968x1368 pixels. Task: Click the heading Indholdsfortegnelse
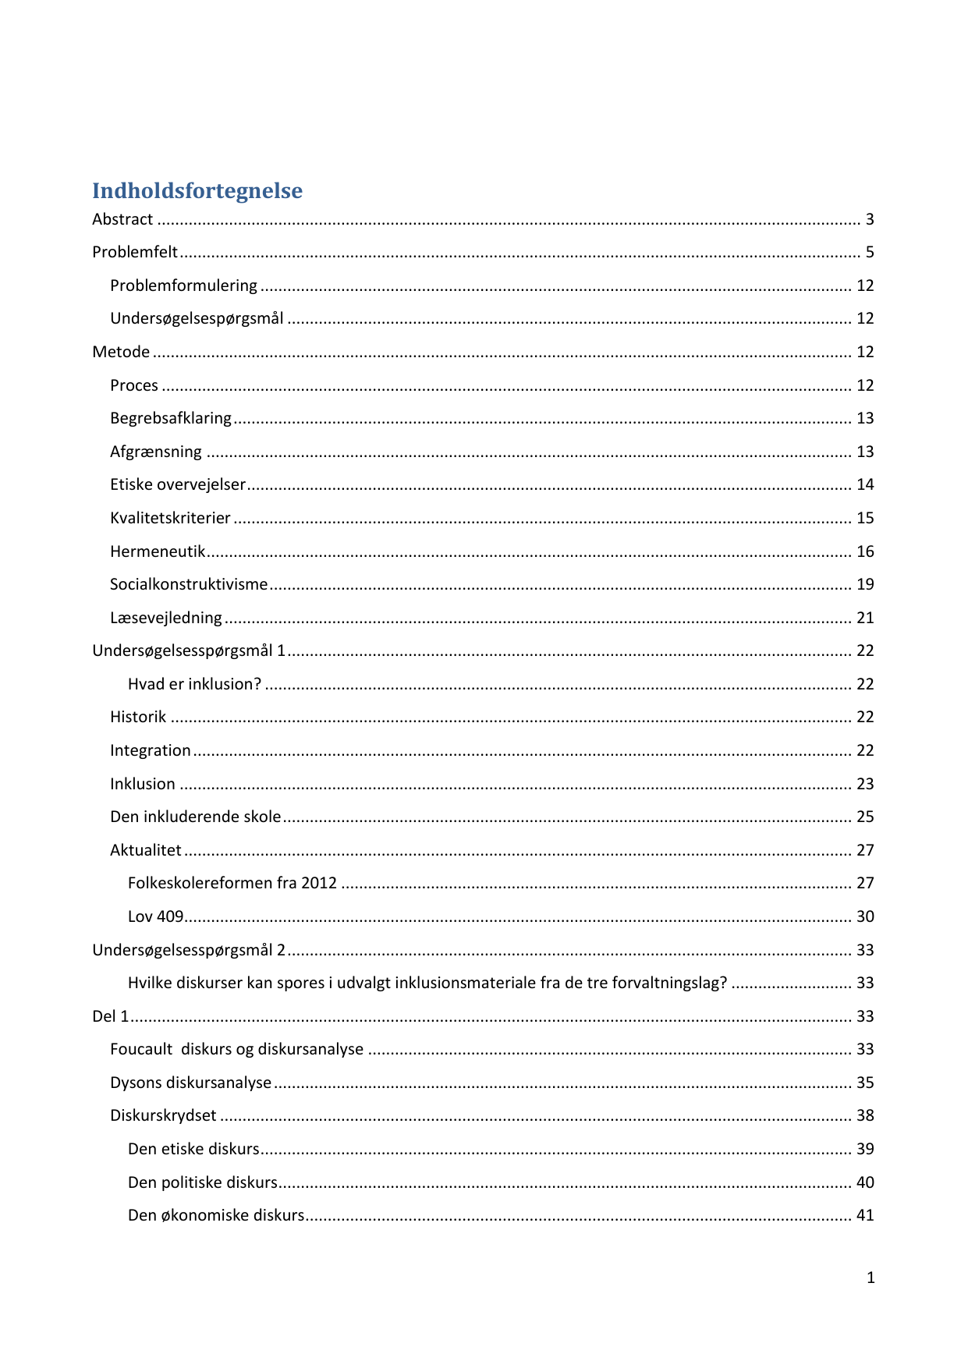pyautogui.click(x=197, y=190)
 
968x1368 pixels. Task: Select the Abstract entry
pyautogui.click(x=122, y=220)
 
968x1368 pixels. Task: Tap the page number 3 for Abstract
pyautogui.click(x=869, y=220)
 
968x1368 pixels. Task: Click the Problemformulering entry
pyautogui.click(x=183, y=286)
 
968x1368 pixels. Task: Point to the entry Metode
pyautogui.click(x=121, y=353)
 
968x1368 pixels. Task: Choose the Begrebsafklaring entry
pyautogui.click(x=171, y=419)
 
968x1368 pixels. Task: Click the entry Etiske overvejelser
pyautogui.click(x=178, y=485)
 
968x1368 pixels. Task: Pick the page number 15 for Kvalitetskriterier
pyautogui.click(x=865, y=519)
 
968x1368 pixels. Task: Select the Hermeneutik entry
pyautogui.click(x=158, y=552)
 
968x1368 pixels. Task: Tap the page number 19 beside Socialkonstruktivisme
pyautogui.click(x=865, y=585)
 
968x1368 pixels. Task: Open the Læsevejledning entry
pyautogui.click(x=166, y=618)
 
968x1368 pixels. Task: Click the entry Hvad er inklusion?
pyautogui.click(x=194, y=685)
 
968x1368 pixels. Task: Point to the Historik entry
pyautogui.click(x=138, y=718)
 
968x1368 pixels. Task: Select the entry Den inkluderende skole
pyautogui.click(x=195, y=817)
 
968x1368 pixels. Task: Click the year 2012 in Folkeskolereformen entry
pyautogui.click(x=319, y=884)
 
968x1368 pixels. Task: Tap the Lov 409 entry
pyautogui.click(x=155, y=917)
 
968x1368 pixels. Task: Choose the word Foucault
pyautogui.click(x=141, y=1050)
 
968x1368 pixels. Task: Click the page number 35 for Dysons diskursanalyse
pyautogui.click(x=865, y=1083)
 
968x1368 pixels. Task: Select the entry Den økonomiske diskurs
pyautogui.click(x=216, y=1216)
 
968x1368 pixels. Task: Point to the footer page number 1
pyautogui.click(x=870, y=1278)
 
